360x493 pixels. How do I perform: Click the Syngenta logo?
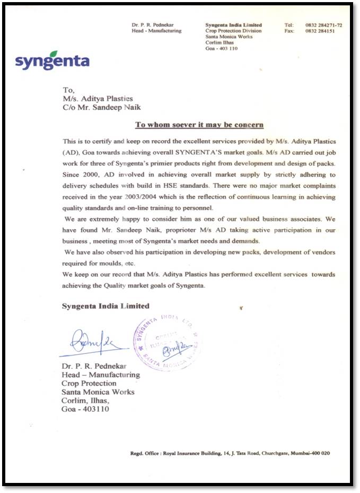[52, 60]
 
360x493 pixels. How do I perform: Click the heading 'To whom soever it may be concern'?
[199, 125]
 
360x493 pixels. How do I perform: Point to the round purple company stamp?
[167, 343]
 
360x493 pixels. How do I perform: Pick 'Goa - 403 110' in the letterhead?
[221, 48]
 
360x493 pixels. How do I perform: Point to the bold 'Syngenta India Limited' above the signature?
[106, 306]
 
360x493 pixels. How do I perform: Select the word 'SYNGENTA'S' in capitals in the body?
[194, 153]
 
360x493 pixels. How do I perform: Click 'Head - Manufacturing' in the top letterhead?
[156, 31]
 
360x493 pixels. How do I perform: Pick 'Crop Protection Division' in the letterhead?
[233, 31]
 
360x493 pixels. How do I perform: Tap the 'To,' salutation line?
[69, 90]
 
